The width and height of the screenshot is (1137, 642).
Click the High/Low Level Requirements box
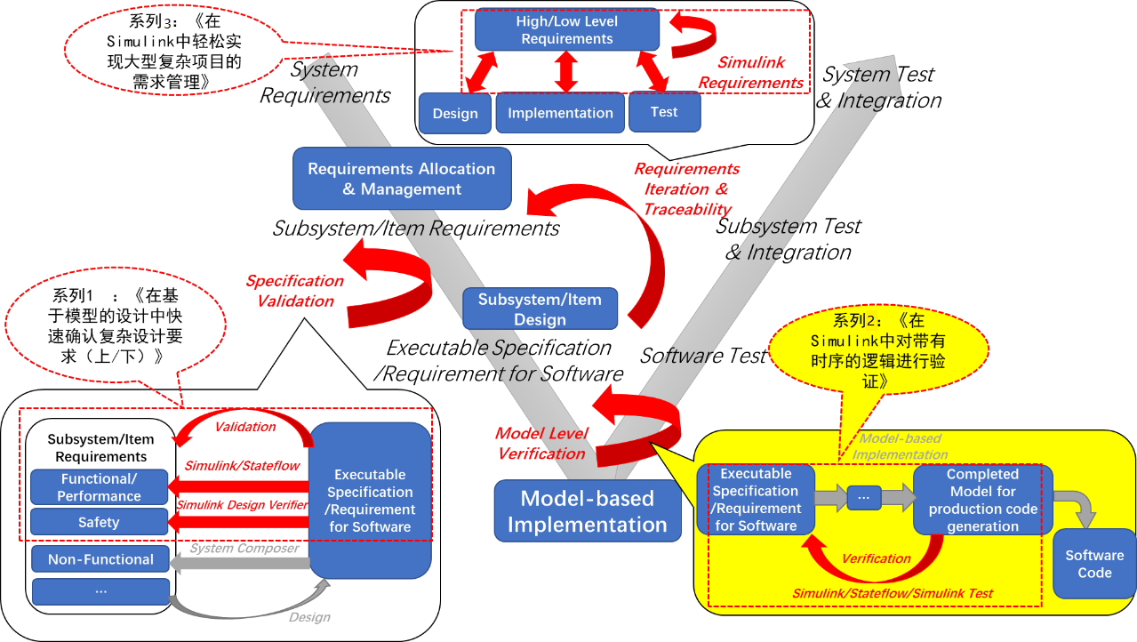pos(567,29)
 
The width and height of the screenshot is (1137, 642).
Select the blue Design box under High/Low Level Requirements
pos(455,113)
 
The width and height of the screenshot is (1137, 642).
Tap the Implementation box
pos(560,113)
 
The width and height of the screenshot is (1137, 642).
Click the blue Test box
pos(664,112)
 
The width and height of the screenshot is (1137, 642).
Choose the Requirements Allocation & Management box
pos(402,179)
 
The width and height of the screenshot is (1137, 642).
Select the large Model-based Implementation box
pos(587,511)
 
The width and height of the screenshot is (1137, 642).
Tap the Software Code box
pos(1094,564)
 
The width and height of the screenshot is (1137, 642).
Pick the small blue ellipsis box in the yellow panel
pos(864,498)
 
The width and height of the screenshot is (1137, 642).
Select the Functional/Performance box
pos(99,487)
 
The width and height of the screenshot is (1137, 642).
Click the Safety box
pos(99,522)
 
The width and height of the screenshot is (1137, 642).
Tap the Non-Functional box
pos(100,559)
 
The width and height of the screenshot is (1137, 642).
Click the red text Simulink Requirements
pos(751,73)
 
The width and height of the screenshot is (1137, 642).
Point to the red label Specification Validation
pos(295,291)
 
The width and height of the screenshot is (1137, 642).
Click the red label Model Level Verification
pos(541,444)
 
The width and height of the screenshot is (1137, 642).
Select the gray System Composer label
pos(244,549)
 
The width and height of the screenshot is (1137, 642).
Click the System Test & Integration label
pos(878,87)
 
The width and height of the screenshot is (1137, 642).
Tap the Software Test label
pos(703,356)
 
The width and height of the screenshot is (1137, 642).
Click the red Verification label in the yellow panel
pos(877,558)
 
